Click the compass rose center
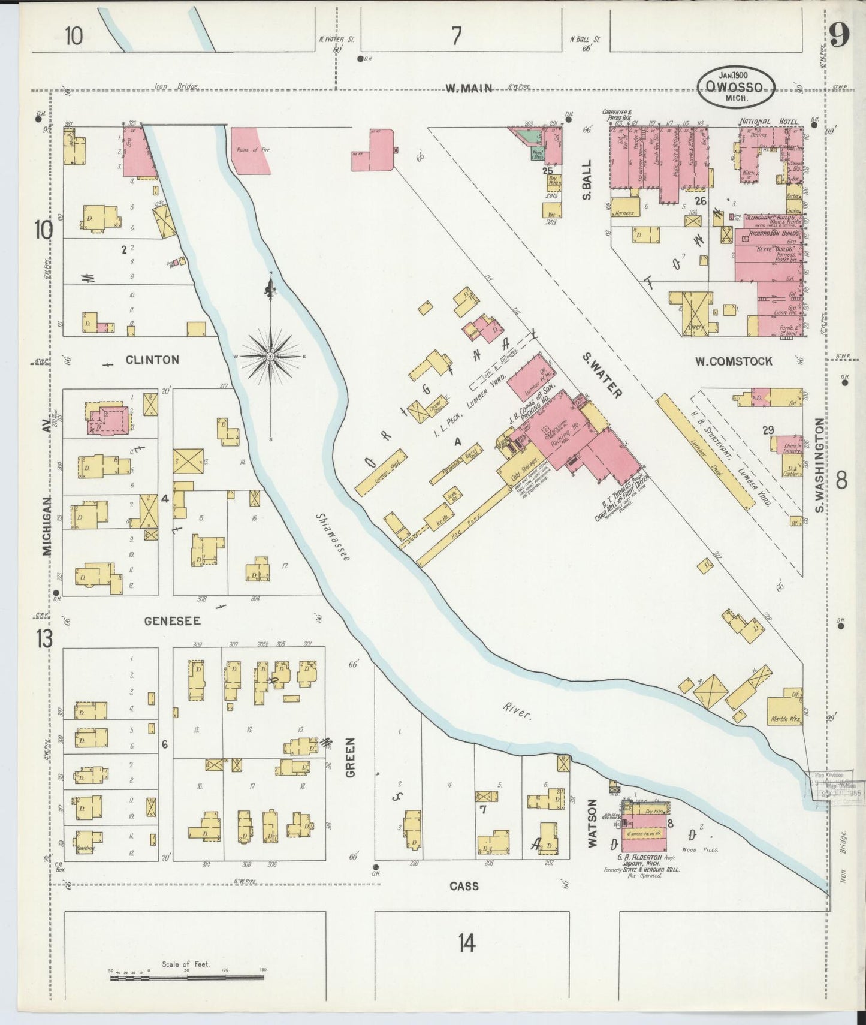coord(270,356)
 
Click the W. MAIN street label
coord(469,88)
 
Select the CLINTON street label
coord(152,360)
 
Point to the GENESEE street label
coord(172,622)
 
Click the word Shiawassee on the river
coord(332,538)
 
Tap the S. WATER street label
coord(602,375)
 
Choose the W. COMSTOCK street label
coord(734,361)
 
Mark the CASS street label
coord(464,886)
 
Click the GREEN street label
coord(351,757)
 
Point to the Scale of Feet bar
coord(187,978)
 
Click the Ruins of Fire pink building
coord(252,150)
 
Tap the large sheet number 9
coord(839,37)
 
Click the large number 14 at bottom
coord(467,943)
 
